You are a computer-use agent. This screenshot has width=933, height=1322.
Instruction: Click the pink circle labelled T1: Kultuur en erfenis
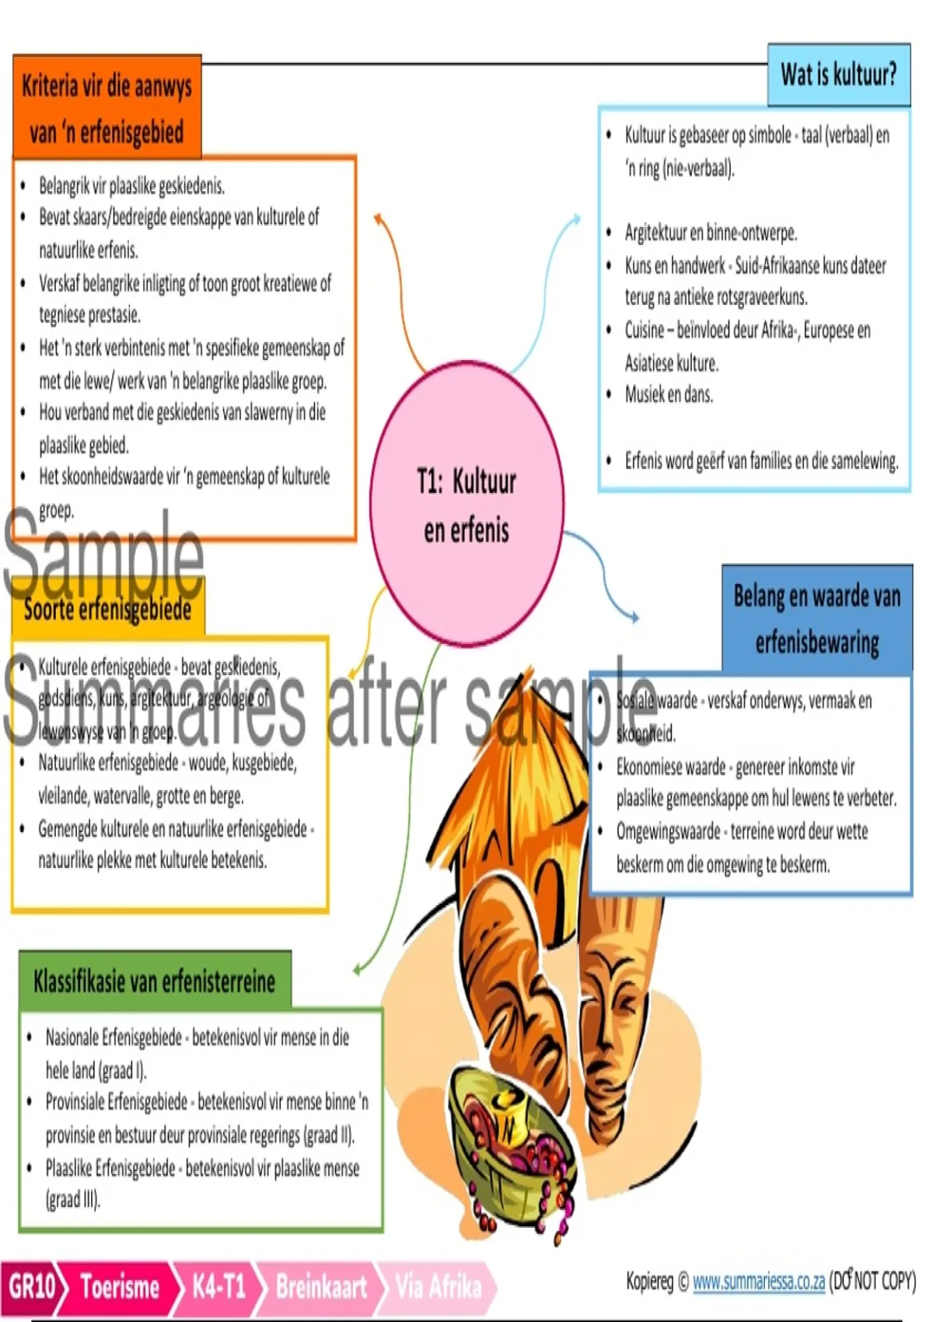(x=466, y=505)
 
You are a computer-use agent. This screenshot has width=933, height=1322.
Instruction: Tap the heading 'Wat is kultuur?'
(x=838, y=75)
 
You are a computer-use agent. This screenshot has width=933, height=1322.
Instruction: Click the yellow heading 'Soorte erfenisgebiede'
(x=107, y=609)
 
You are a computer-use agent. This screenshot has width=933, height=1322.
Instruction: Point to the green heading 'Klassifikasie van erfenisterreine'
(x=154, y=981)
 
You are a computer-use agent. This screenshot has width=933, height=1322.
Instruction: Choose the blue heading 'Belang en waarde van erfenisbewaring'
(x=816, y=619)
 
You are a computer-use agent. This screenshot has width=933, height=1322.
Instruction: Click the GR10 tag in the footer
(x=31, y=1287)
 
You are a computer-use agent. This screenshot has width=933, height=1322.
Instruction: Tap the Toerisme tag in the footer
(x=120, y=1287)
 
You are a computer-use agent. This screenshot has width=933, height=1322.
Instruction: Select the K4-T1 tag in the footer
(x=218, y=1287)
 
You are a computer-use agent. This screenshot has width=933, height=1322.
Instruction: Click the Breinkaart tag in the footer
(x=321, y=1287)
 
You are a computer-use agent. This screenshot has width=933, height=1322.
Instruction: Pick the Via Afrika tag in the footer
(x=438, y=1287)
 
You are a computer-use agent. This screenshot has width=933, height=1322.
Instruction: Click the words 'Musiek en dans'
(x=669, y=395)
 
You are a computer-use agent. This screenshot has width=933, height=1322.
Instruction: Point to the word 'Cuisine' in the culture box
(x=644, y=330)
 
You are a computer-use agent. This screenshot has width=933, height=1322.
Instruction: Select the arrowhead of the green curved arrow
(x=358, y=970)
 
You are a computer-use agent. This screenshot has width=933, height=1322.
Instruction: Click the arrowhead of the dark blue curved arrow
(x=634, y=617)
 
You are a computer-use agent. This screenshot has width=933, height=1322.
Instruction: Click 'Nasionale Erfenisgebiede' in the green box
(x=114, y=1037)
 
